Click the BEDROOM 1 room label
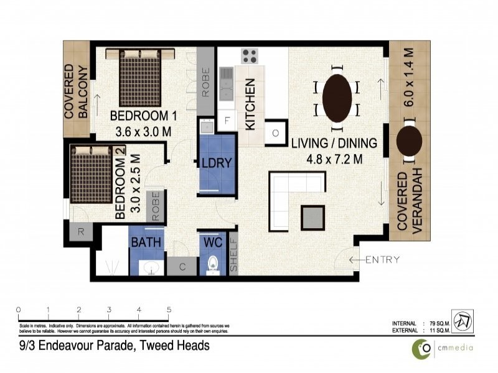click(x=139, y=116)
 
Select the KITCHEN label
click(x=250, y=104)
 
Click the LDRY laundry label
click(x=216, y=163)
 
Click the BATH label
click(x=146, y=242)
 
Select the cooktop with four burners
click(x=250, y=56)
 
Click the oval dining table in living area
click(x=337, y=98)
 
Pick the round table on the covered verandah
click(x=409, y=140)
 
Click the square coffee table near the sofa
click(x=312, y=217)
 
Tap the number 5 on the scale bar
click(x=169, y=309)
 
